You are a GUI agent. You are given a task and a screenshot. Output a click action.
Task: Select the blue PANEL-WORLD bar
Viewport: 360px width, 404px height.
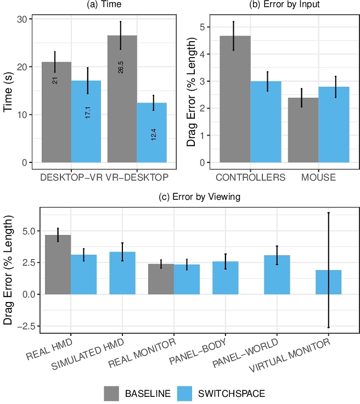[x=277, y=274]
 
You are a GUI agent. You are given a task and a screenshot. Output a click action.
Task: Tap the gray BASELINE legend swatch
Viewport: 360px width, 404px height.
[x=112, y=393]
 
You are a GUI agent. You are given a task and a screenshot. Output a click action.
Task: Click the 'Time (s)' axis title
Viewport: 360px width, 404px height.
[x=8, y=91]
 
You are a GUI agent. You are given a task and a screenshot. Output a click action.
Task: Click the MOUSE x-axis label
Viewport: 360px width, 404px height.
[x=318, y=178]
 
